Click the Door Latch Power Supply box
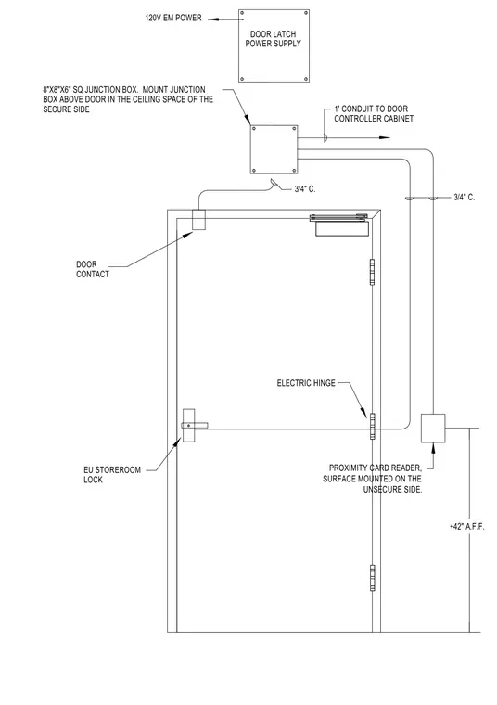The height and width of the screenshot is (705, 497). click(x=274, y=45)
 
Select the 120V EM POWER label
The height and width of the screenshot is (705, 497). click(x=173, y=18)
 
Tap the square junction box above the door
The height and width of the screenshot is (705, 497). click(x=274, y=149)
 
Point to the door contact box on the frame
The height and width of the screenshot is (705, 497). click(x=198, y=220)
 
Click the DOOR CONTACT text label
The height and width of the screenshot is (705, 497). click(x=92, y=269)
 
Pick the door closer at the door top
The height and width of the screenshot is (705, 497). click(x=340, y=224)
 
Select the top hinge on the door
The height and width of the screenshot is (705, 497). click(x=372, y=272)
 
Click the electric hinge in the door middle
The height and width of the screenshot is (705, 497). click(x=372, y=426)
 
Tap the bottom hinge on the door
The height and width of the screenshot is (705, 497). click(x=372, y=578)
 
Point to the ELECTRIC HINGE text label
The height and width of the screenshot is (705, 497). click(x=306, y=383)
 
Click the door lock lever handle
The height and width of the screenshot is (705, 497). click(x=194, y=425)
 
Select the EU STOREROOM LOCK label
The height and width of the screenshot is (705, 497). click(x=112, y=475)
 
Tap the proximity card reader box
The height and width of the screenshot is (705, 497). click(x=433, y=428)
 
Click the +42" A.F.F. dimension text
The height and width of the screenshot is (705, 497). click(x=467, y=527)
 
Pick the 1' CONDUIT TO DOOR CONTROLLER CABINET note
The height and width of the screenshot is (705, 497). click(x=374, y=114)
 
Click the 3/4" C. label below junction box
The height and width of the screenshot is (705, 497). click(x=305, y=189)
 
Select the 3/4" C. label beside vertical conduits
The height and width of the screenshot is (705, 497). click(x=465, y=197)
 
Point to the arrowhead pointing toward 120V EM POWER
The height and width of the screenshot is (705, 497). click(x=212, y=19)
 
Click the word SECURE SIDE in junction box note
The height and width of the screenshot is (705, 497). click(x=67, y=109)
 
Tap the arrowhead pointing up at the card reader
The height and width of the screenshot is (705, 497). click(x=433, y=446)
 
